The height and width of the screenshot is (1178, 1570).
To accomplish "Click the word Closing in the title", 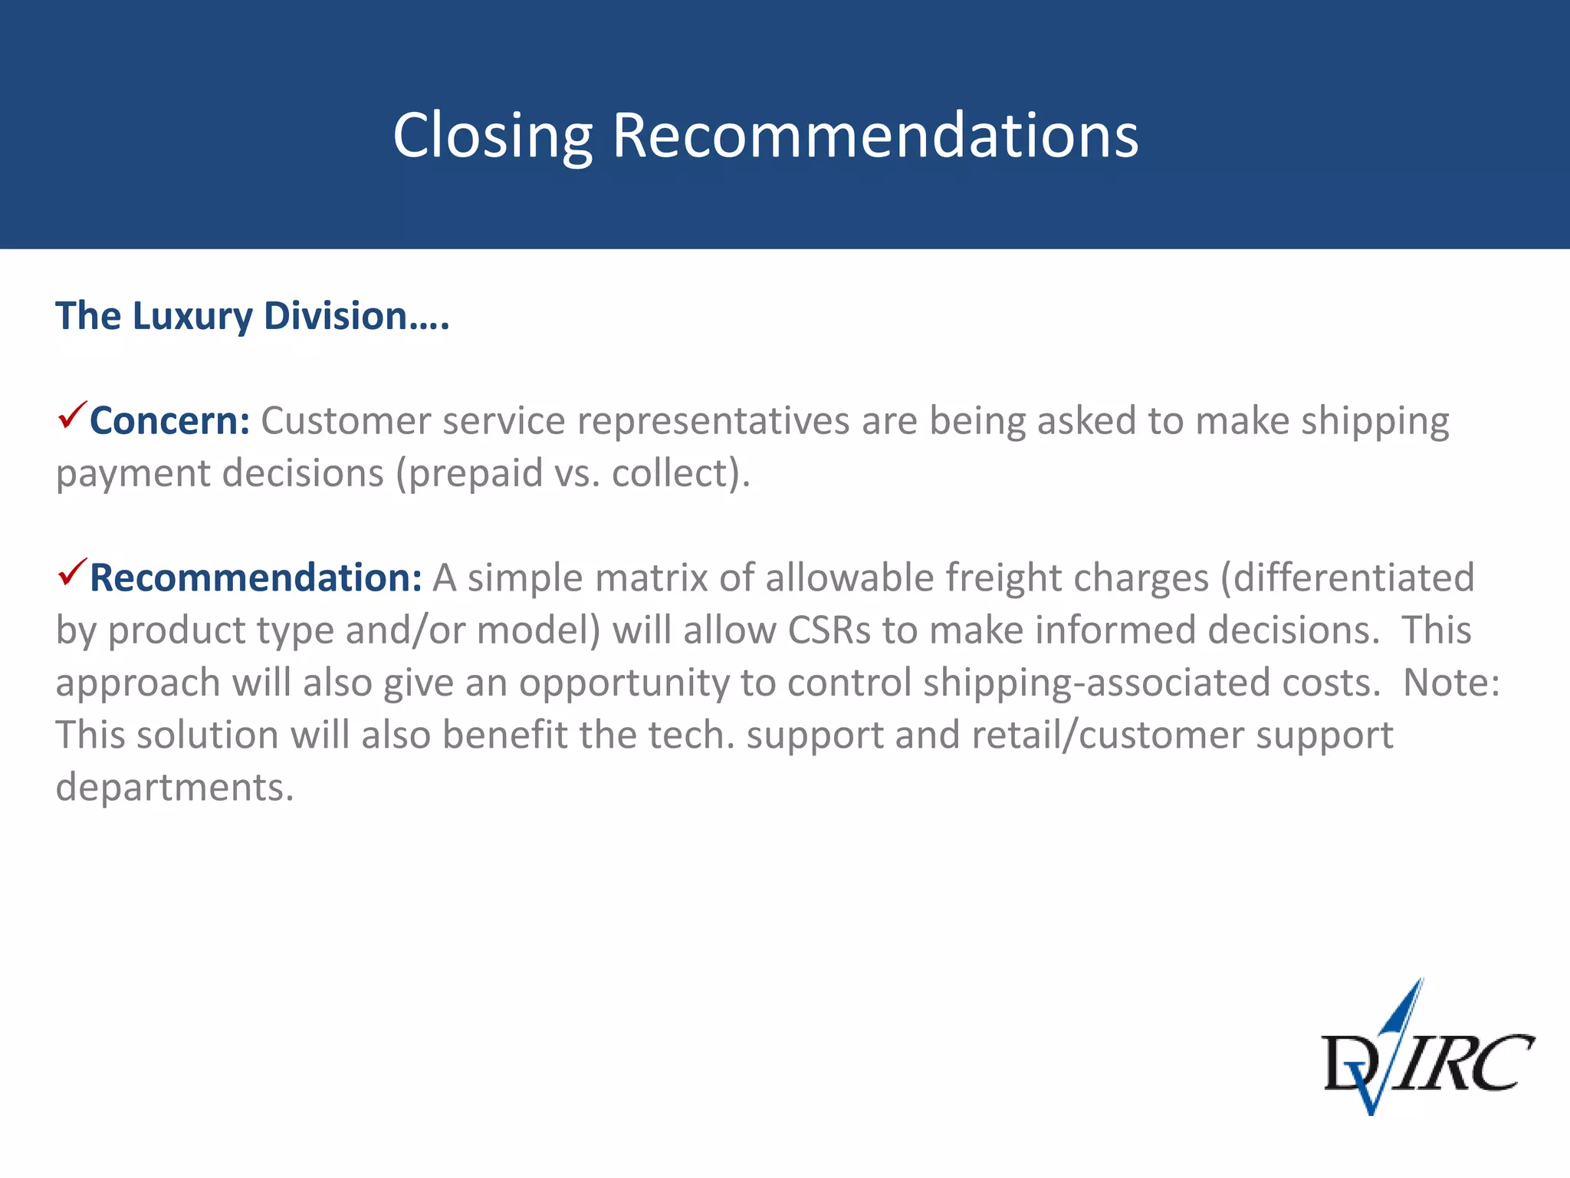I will tap(492, 136).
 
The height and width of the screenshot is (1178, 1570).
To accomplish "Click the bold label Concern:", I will tap(169, 421).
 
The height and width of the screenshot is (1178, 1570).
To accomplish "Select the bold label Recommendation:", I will tap(255, 578).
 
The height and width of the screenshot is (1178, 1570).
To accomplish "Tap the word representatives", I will tap(713, 421).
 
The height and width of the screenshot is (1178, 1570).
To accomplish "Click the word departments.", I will tap(174, 788).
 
